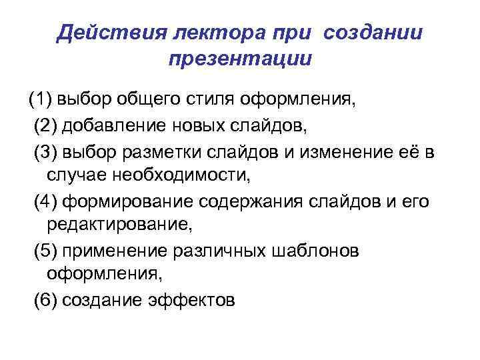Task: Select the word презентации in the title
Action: pyautogui.click(x=240, y=59)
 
